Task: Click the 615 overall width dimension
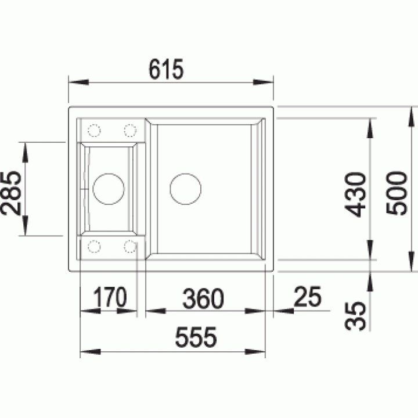(x=166, y=69)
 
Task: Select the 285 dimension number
(x=11, y=193)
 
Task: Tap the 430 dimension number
(x=355, y=194)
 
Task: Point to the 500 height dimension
(x=397, y=193)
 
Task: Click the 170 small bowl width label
(x=110, y=297)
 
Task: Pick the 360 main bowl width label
(x=203, y=298)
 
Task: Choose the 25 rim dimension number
(x=308, y=297)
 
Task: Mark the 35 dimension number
(x=355, y=316)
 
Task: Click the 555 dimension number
(x=196, y=337)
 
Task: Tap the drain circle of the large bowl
(x=186, y=173)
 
